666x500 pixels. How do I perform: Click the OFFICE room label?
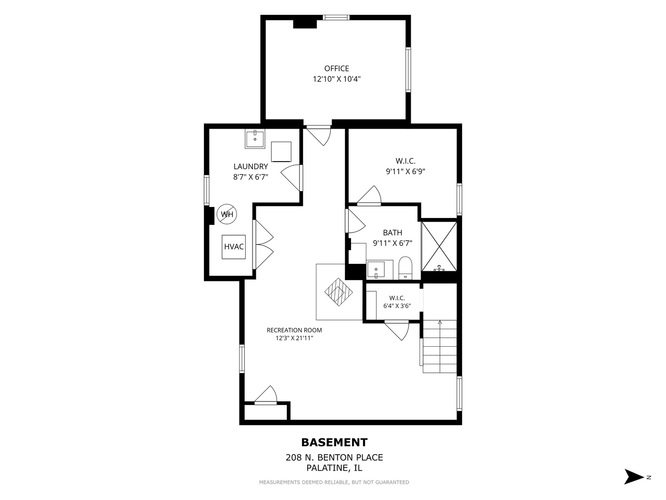click(x=337, y=69)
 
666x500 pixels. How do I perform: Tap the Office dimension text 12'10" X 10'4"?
click(x=337, y=79)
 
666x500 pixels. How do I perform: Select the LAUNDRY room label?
click(x=251, y=166)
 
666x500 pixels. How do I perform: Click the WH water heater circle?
click(x=227, y=214)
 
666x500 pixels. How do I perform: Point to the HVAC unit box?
click(x=234, y=247)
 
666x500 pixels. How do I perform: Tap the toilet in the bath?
click(x=405, y=268)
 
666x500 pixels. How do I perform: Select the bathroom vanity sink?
click(x=376, y=270)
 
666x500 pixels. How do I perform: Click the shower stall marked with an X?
click(x=439, y=246)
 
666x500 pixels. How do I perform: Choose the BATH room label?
click(x=393, y=232)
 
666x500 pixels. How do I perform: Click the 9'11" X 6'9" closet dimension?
click(x=405, y=171)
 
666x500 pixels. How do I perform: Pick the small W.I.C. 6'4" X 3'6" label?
click(x=397, y=302)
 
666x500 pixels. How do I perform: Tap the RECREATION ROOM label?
click(x=294, y=330)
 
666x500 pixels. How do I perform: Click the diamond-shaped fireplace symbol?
click(x=339, y=292)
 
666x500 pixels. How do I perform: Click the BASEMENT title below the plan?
click(x=334, y=443)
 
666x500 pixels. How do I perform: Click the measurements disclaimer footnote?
click(x=334, y=482)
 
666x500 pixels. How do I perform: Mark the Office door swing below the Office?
click(x=319, y=137)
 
